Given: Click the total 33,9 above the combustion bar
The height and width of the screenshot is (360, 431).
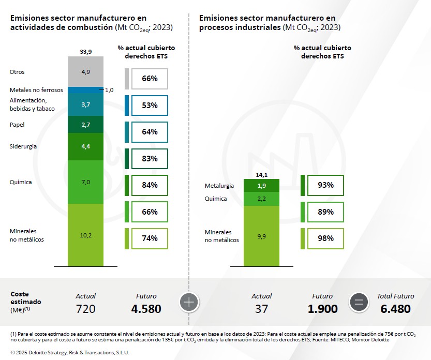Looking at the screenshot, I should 86,52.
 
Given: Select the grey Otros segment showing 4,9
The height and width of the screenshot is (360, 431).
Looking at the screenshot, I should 86,72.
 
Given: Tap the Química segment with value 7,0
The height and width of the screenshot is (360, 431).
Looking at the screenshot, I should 86,182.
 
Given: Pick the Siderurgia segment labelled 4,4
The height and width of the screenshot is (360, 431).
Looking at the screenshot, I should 86,146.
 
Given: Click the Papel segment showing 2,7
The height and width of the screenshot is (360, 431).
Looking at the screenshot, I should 86,125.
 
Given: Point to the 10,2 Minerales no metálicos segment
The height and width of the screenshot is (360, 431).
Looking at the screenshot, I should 86,235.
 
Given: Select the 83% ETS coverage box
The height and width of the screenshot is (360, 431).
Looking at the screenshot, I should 150,159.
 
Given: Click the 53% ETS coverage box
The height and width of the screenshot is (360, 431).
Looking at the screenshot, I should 150,106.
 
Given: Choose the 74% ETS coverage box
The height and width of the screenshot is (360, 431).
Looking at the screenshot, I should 150,238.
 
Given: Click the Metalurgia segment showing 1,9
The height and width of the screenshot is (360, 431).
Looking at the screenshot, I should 261,185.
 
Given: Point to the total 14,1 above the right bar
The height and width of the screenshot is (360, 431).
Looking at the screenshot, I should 261,175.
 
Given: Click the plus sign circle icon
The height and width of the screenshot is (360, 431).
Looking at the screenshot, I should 189,303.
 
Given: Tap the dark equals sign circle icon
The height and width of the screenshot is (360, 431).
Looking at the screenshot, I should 359,303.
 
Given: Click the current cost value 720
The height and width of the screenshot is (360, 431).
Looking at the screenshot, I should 85,309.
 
